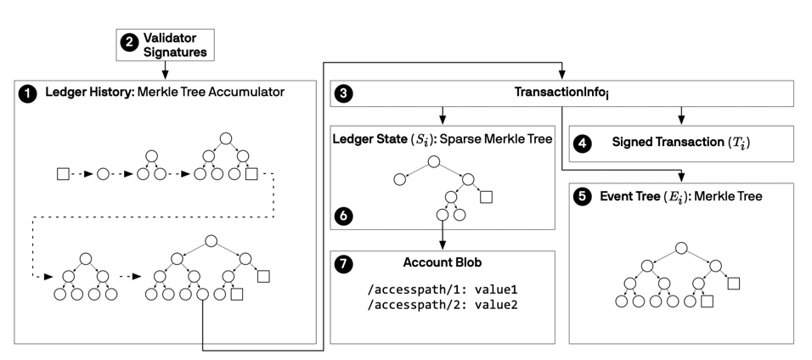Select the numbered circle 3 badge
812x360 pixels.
[x=344, y=93]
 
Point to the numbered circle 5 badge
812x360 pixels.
[x=584, y=197]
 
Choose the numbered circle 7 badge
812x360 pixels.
[x=344, y=262]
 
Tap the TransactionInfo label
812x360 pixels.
[x=561, y=93]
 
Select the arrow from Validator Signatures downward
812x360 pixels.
[x=165, y=70]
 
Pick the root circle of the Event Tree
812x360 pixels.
[x=681, y=248]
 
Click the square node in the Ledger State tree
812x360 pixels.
[x=485, y=197]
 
